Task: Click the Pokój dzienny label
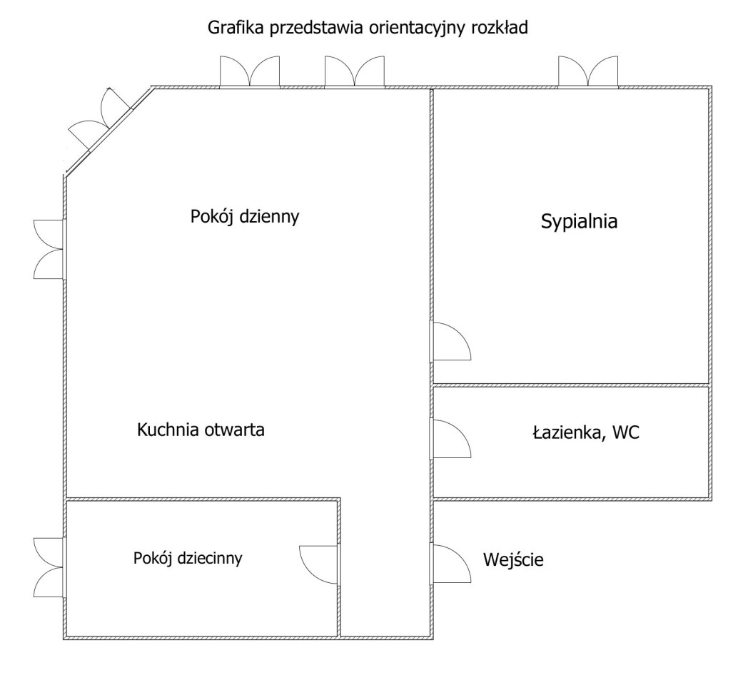coord(244,216)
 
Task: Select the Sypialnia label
coord(578,222)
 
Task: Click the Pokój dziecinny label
coord(188,557)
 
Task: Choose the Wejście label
coord(514,560)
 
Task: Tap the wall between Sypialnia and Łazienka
coord(571,385)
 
